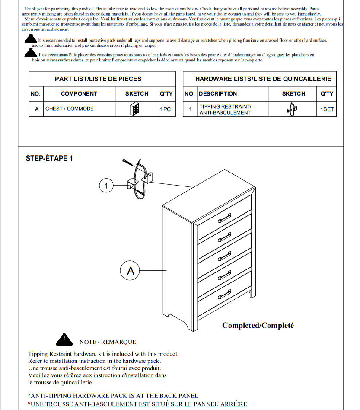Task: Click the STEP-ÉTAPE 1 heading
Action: coord(49,158)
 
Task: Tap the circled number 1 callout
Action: coord(106,186)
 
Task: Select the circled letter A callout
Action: coord(131,271)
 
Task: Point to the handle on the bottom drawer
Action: coord(225,296)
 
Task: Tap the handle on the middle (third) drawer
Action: coord(225,257)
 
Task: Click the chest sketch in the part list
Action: coord(134,109)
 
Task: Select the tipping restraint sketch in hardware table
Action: coord(292,109)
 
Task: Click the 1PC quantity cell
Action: coord(166,109)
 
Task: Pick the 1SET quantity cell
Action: coord(327,109)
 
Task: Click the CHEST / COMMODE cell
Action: coord(70,109)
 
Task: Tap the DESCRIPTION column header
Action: coord(218,93)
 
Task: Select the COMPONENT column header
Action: coord(79,93)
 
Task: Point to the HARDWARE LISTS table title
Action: coord(263,79)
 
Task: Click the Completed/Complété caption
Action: coord(258,325)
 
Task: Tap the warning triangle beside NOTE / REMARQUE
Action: coord(64,340)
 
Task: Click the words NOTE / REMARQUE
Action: coord(108,342)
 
